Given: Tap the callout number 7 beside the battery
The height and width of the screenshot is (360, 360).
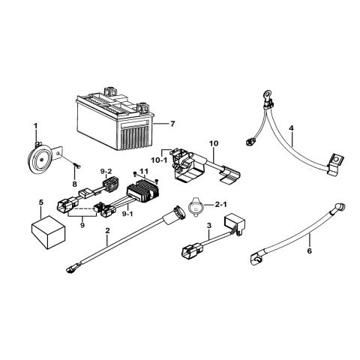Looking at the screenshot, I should tap(172, 122).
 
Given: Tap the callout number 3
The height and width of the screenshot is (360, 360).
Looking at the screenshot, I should tap(210, 225).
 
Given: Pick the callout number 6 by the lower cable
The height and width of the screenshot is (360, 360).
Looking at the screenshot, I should tap(309, 252).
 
